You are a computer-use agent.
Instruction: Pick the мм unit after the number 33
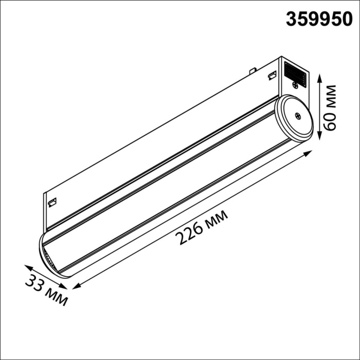point(56,297)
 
